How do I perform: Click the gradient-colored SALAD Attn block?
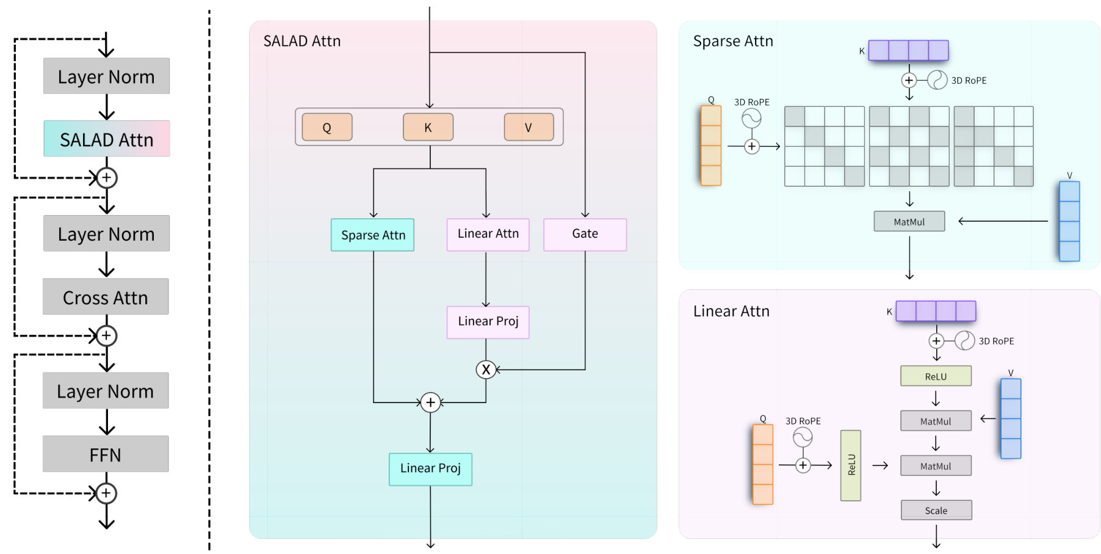[107, 139]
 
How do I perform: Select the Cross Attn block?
[106, 297]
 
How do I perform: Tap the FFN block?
[106, 454]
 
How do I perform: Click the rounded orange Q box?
[327, 127]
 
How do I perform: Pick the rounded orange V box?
[529, 127]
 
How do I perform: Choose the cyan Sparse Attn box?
[373, 235]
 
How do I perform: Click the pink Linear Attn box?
[488, 234]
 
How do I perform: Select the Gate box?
[585, 234]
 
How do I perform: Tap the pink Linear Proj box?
[488, 322]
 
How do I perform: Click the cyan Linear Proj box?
[430, 468]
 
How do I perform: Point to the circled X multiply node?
[486, 370]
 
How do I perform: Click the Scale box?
[936, 510]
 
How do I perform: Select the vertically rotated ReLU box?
[851, 465]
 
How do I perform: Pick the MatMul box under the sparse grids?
[909, 221]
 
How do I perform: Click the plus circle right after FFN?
[107, 493]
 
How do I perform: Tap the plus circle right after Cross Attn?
[107, 335]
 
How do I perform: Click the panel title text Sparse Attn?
[733, 41]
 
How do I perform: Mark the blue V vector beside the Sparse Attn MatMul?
[1069, 221]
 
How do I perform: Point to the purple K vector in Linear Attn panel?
[936, 311]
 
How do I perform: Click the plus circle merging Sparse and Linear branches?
[430, 403]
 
